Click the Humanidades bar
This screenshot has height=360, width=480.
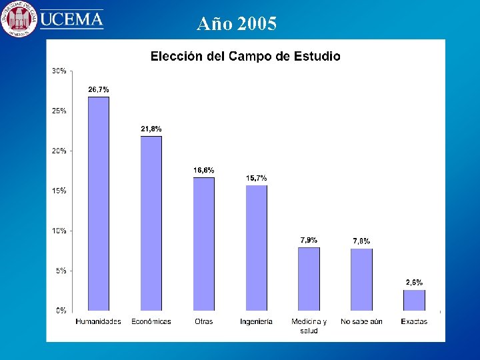99,203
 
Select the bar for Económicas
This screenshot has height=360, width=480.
151,223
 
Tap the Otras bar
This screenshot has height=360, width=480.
203,244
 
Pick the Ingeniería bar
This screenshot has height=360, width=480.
256,247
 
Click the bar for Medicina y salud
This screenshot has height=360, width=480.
309,279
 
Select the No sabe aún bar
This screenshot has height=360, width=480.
361,279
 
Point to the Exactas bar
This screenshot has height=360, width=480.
414,300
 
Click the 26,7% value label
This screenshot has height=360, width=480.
99,89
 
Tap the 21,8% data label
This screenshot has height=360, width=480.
151,129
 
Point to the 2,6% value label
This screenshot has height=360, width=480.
414,283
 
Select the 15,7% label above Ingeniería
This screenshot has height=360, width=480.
256,178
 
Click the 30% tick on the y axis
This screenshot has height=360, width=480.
59,71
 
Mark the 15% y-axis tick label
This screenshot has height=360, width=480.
59,191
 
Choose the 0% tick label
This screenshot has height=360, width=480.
61,311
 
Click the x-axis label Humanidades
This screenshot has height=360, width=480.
99,321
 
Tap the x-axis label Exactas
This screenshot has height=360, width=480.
414,321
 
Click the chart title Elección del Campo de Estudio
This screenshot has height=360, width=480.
245,56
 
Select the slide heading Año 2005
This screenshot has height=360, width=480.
237,25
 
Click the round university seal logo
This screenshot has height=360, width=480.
19,19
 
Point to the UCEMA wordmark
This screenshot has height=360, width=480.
72,19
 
